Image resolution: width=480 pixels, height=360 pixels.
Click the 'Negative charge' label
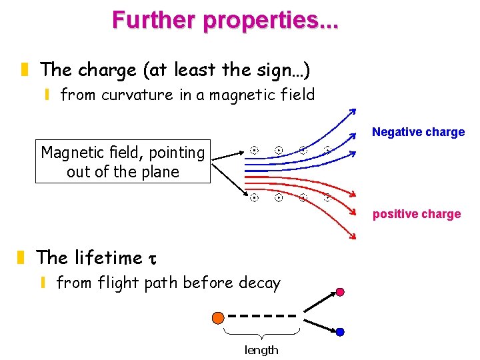[x=418, y=132]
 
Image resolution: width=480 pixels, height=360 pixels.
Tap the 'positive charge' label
[x=417, y=214]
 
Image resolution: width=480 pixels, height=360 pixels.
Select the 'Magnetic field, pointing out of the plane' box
[x=123, y=162]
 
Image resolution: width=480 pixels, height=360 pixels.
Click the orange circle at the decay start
[x=217, y=317]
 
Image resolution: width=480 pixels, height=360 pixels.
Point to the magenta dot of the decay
[x=340, y=292]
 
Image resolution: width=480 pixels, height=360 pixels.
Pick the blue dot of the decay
[x=340, y=331]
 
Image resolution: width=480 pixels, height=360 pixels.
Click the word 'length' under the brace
[x=261, y=350]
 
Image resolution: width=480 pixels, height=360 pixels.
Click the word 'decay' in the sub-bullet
[x=256, y=283]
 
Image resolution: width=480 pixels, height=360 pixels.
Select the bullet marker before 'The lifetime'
[x=23, y=257]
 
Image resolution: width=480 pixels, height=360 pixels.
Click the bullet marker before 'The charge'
[x=25, y=69]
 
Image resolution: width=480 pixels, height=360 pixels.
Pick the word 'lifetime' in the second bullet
[x=109, y=258]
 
